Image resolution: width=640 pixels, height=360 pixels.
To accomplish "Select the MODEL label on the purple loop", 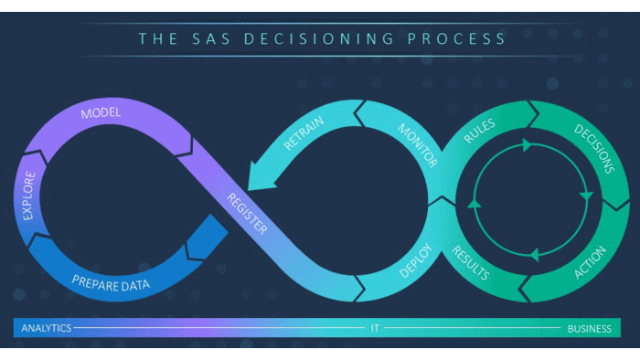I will pyautogui.click(x=101, y=114).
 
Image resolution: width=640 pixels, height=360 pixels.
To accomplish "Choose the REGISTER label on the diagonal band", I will pyautogui.click(x=248, y=213).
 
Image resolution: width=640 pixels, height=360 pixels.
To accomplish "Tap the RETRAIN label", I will pyautogui.click(x=304, y=132).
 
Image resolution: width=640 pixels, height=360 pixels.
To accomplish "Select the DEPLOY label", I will pyautogui.click(x=416, y=259).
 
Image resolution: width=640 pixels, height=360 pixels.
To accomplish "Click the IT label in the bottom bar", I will pyautogui.click(x=375, y=328).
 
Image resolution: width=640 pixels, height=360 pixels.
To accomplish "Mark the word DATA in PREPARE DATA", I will pyautogui.click(x=133, y=283).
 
